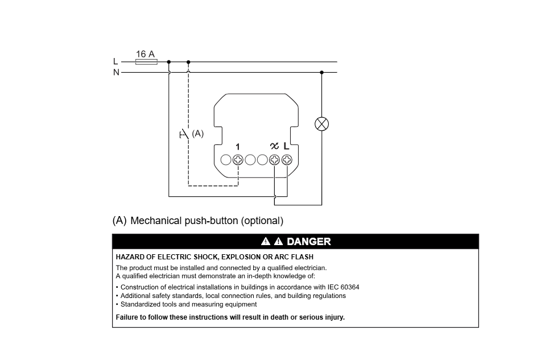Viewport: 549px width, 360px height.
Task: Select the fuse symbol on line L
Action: point(146,62)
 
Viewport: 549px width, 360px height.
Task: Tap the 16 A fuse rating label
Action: point(145,54)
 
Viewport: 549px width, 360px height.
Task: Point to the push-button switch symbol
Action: point(184,135)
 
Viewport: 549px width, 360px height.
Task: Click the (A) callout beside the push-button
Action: point(197,134)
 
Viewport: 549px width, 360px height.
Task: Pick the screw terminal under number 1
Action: point(238,160)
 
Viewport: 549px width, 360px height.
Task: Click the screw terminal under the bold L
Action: point(286,160)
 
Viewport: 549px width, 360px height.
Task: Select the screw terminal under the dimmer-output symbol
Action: point(274,160)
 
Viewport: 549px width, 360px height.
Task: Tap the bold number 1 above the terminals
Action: point(238,147)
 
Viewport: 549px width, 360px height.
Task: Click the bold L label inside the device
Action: point(286,146)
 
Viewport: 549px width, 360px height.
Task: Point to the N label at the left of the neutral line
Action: point(116,72)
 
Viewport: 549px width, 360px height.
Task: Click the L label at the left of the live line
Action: point(116,61)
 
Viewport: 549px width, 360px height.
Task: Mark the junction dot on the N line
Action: point(322,72)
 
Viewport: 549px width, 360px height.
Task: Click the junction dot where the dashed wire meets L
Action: point(188,62)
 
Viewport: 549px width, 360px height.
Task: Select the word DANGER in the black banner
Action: point(308,242)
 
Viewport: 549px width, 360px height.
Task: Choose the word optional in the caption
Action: point(262,221)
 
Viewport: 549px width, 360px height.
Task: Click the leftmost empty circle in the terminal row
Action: point(226,160)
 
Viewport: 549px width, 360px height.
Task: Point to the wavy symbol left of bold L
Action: point(274,147)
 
